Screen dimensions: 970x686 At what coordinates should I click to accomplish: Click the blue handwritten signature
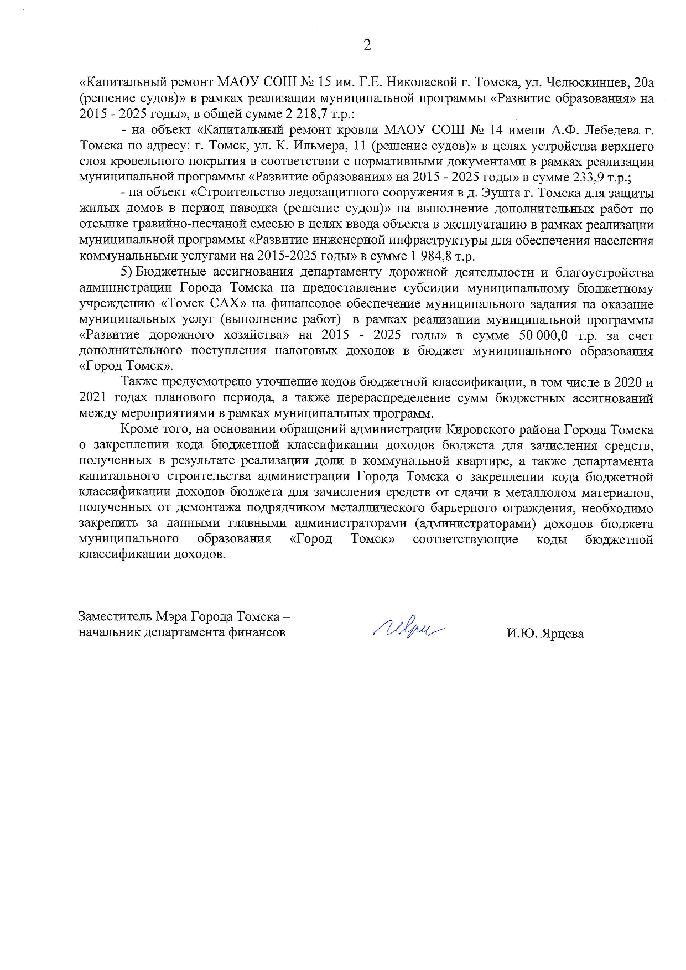pos(409,627)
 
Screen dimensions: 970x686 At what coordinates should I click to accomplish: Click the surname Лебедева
pos(609,131)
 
